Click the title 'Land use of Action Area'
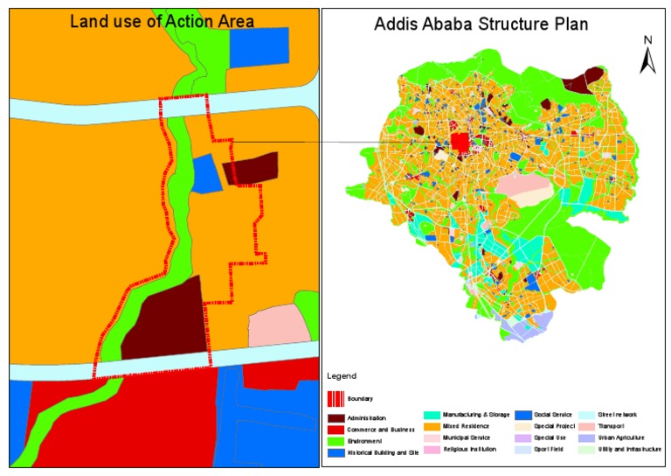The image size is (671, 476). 162,20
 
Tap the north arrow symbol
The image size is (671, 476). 647,56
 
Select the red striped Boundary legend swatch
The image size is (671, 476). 335,398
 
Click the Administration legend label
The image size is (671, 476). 367,418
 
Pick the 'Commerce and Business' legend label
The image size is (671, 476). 378,429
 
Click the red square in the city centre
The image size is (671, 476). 460,143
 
